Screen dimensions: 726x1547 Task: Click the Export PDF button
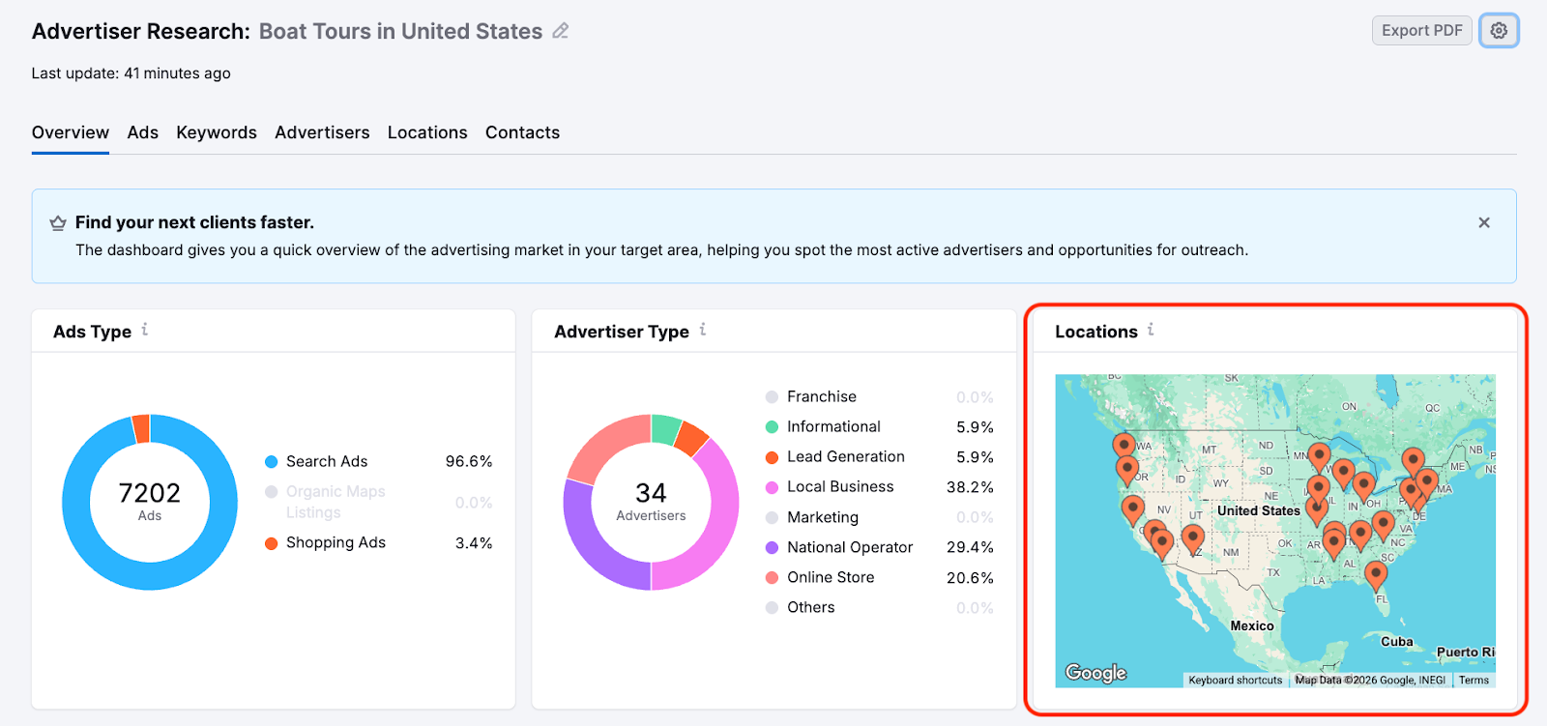(1421, 31)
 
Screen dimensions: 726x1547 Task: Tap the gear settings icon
(1499, 31)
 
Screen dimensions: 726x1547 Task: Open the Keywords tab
(217, 132)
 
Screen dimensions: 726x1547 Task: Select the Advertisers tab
(322, 132)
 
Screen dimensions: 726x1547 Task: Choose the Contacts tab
(522, 132)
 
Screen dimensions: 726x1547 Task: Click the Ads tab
(142, 132)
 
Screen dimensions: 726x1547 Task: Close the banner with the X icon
(1484, 222)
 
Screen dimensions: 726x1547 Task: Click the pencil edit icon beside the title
(561, 31)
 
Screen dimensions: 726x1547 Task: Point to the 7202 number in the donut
(150, 493)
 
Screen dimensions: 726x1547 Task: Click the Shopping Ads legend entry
(336, 542)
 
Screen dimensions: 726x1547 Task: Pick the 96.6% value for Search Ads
(469, 462)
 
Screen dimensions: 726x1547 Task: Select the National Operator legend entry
(850, 547)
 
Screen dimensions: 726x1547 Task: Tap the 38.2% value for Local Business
(970, 487)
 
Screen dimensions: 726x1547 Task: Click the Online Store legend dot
(772, 577)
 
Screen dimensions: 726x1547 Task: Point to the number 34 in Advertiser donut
(651, 493)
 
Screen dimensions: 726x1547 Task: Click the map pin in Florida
(1376, 574)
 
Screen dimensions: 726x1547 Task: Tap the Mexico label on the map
(1252, 626)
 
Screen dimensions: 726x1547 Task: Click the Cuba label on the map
(1397, 642)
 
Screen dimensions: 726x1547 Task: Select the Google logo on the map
(1095, 673)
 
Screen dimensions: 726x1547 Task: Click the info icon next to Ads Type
(145, 330)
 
